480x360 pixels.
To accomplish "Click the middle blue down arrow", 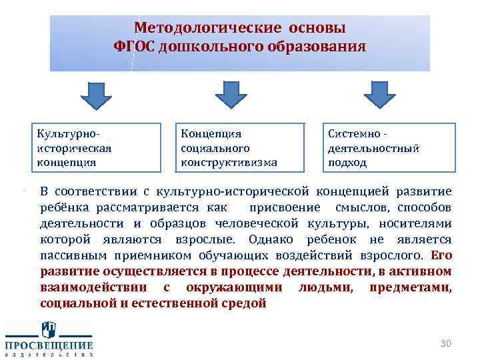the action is click(231, 95).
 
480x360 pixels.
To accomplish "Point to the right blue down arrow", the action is click(380, 95).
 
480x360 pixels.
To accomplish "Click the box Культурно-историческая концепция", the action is click(99, 147).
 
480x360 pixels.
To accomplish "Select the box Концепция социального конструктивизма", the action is click(238, 147).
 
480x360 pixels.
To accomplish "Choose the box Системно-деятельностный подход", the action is click(389, 147).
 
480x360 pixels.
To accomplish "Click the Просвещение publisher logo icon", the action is click(49, 330).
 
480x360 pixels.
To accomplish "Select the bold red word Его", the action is click(441, 255).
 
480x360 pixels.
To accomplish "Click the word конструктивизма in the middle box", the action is click(229, 162).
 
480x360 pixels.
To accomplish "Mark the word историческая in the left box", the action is click(74, 148).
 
